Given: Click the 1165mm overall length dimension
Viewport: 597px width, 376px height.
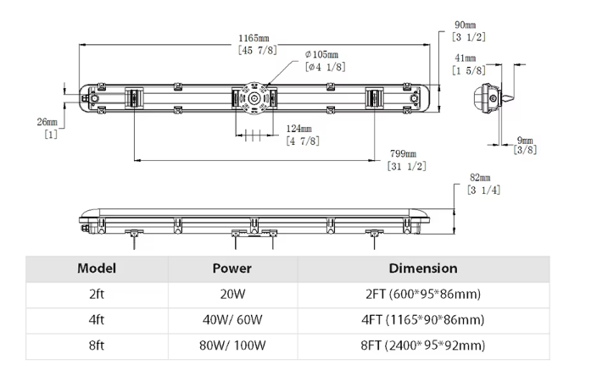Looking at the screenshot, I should pyautogui.click(x=254, y=39).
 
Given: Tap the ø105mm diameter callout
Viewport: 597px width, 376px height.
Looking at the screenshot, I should pyautogui.click(x=323, y=54).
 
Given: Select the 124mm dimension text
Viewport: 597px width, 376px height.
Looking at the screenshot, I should pyautogui.click(x=299, y=129).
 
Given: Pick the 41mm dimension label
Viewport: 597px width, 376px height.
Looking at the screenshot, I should pyautogui.click(x=465, y=58).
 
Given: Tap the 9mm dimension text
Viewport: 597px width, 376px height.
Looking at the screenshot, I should pyautogui.click(x=526, y=140).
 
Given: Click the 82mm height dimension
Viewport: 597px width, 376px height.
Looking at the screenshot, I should pyautogui.click(x=481, y=179).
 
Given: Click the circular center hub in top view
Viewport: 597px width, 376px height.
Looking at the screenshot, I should pyautogui.click(x=253, y=99).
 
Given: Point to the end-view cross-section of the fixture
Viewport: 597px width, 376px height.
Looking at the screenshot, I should pyautogui.click(x=488, y=98).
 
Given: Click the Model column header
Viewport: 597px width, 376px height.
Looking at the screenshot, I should pyautogui.click(x=97, y=268).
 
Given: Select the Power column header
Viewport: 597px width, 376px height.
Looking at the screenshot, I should pyautogui.click(x=232, y=268).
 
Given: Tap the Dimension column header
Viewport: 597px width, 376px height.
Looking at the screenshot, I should pyautogui.click(x=422, y=268).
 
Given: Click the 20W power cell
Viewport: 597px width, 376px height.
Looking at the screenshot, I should pyautogui.click(x=232, y=294).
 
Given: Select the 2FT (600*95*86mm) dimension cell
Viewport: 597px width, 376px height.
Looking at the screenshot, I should pyautogui.click(x=422, y=294).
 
